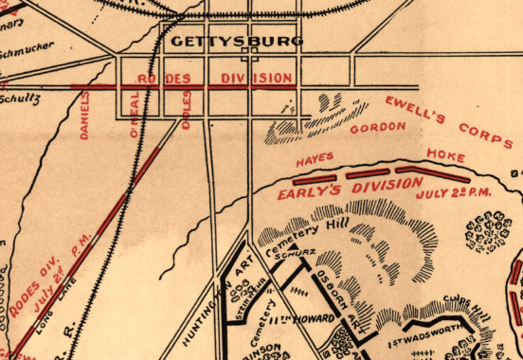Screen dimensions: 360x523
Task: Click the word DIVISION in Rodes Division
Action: [x=257, y=78]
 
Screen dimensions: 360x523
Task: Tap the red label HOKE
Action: [x=442, y=153]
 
